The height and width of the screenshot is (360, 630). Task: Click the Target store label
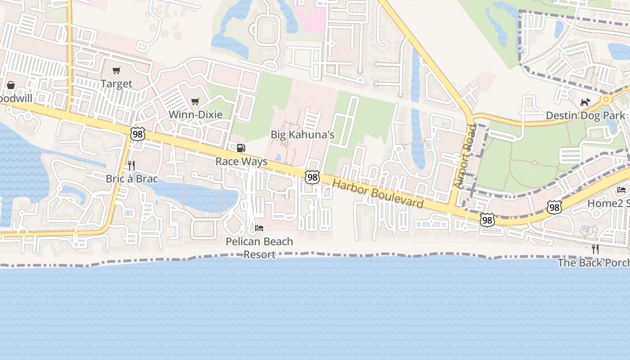pyautogui.click(x=117, y=84)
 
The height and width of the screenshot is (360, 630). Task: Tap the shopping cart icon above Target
pyautogui.click(x=117, y=70)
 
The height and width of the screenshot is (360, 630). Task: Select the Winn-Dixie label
pyautogui.click(x=195, y=114)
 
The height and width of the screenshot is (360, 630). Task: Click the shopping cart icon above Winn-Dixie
pyautogui.click(x=195, y=101)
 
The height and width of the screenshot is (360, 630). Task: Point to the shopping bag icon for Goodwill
pyautogui.click(x=11, y=85)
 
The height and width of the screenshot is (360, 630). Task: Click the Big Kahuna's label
pyautogui.click(x=302, y=135)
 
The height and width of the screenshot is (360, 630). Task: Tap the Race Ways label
pyautogui.click(x=241, y=162)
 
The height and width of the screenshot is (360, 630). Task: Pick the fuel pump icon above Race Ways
pyautogui.click(x=241, y=148)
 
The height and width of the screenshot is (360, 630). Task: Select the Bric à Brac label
pyautogui.click(x=132, y=179)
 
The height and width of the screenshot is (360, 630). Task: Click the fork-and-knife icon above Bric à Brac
pyautogui.click(x=131, y=166)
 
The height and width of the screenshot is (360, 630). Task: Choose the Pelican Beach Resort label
pyautogui.click(x=259, y=247)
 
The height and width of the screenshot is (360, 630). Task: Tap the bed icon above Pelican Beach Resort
pyautogui.click(x=259, y=228)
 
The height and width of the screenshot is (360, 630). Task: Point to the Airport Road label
pyautogui.click(x=465, y=157)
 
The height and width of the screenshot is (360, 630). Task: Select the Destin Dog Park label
pyautogui.click(x=585, y=116)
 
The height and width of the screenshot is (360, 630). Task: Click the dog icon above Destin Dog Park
pyautogui.click(x=585, y=103)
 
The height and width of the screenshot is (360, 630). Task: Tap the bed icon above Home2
pyautogui.click(x=621, y=190)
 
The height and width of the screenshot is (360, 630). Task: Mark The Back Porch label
pyautogui.click(x=594, y=262)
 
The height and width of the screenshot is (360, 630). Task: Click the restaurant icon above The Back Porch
pyautogui.click(x=595, y=249)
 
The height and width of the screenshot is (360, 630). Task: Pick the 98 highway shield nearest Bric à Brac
pyautogui.click(x=138, y=134)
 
